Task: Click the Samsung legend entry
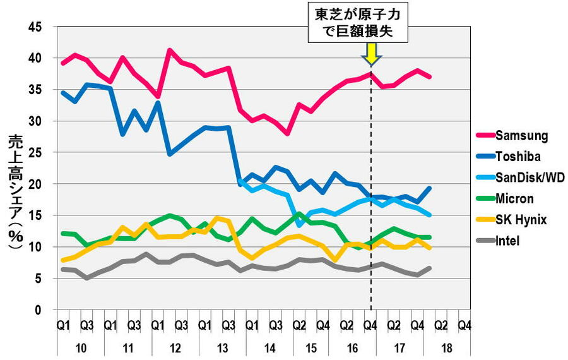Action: tap(521, 135)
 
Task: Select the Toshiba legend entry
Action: tap(519, 157)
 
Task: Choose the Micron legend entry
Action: tap(514, 199)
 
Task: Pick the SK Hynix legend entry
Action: tap(521, 220)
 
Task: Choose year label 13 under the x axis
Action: tap(222, 348)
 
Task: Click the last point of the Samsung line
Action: tap(429, 77)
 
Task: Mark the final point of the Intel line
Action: tap(429, 268)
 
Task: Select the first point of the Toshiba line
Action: tap(62, 92)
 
